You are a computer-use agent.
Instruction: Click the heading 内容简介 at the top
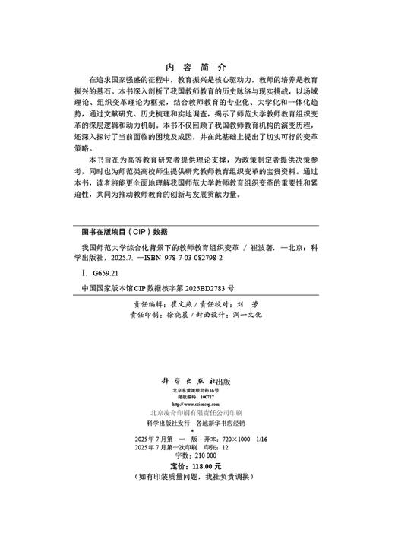[x=195, y=67]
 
